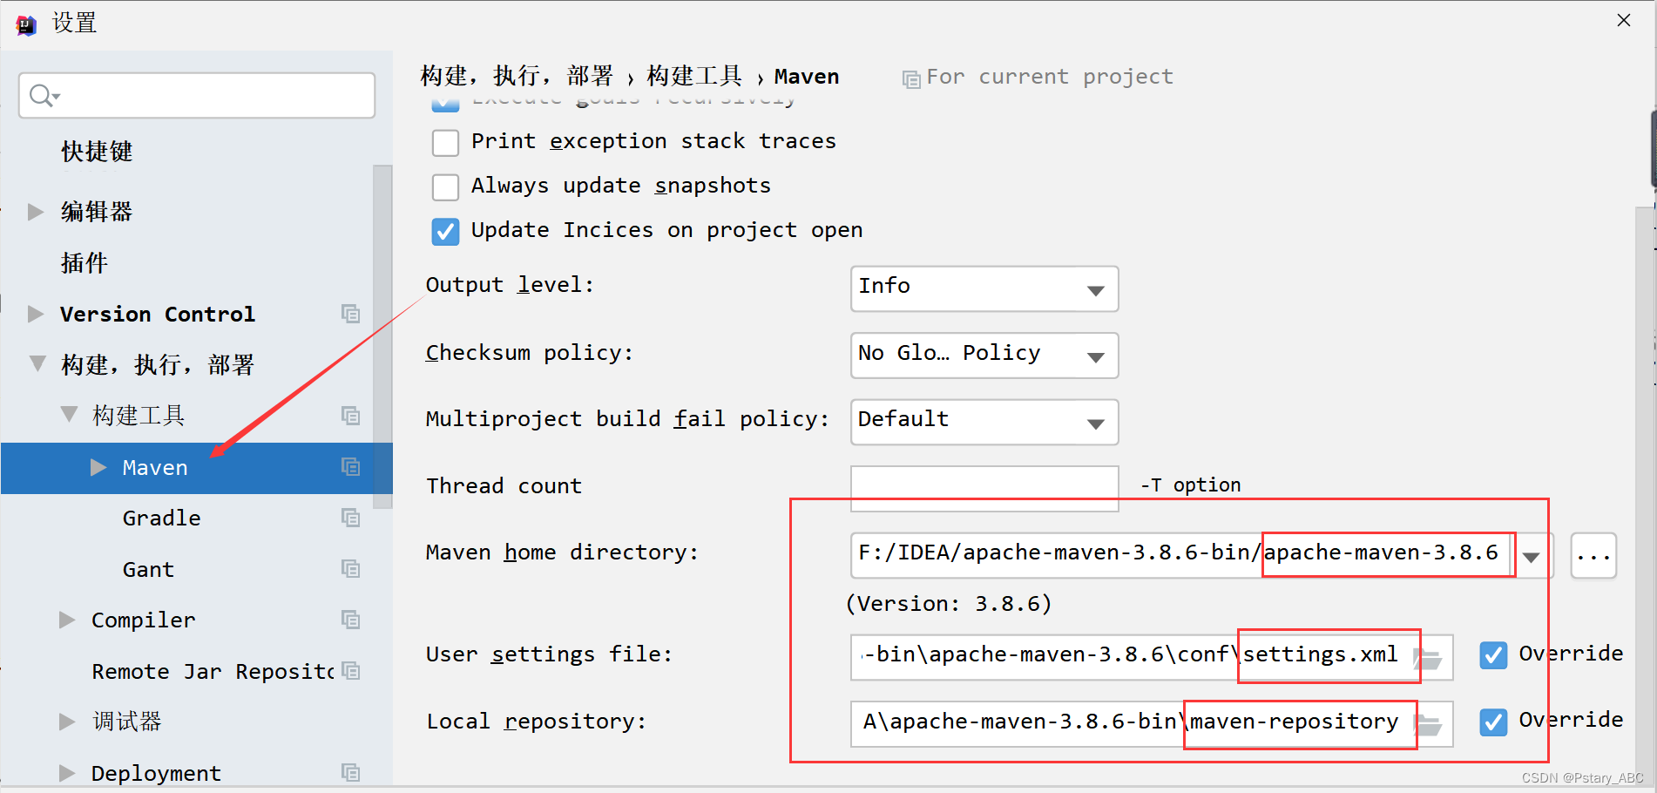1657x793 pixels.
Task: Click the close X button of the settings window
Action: [1623, 20]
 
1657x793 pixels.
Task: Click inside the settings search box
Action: [209, 96]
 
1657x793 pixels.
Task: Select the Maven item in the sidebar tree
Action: [155, 468]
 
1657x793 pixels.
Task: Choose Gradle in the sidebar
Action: [161, 518]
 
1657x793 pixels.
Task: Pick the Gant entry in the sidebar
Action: [148, 570]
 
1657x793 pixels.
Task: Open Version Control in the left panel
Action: [157, 314]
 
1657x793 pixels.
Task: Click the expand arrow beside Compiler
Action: [67, 620]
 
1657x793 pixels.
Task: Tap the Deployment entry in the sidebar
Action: [156, 773]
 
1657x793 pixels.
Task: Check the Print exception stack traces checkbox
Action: [445, 142]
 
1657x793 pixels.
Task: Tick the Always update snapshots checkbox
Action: [445, 186]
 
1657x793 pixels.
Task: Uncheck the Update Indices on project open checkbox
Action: [445, 231]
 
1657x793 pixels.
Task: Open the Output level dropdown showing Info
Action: [984, 288]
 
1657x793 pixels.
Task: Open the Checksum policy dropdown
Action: [984, 356]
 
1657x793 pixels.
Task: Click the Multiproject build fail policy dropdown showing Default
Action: [984, 422]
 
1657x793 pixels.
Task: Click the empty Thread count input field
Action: [984, 486]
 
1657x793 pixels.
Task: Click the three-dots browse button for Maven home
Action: [1593, 556]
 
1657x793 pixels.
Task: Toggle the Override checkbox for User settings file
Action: [1493, 654]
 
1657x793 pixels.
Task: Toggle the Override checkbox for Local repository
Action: [1493, 722]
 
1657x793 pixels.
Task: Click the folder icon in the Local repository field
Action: [1429, 724]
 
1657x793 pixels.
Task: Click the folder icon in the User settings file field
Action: [1429, 658]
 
